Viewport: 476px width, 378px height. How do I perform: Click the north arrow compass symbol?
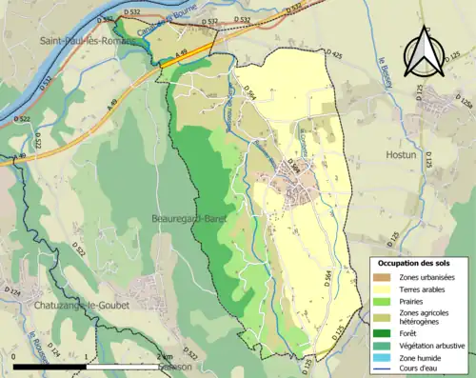click(422, 52)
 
